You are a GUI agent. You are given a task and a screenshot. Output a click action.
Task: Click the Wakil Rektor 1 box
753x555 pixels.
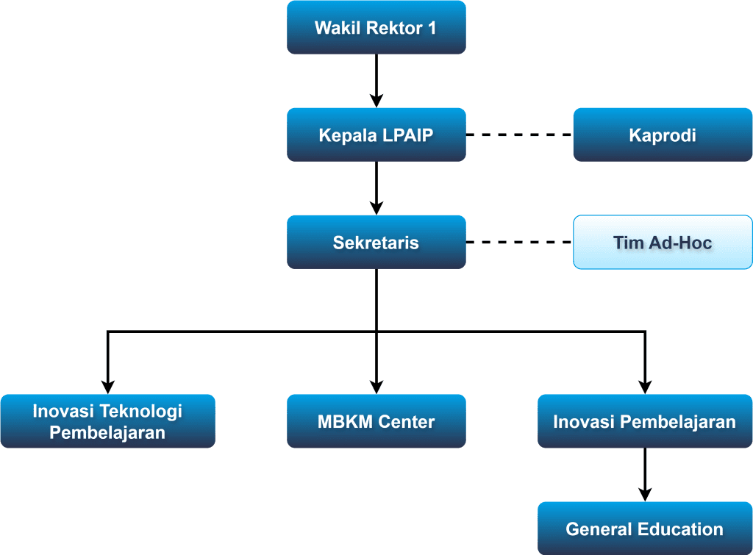coord(376,27)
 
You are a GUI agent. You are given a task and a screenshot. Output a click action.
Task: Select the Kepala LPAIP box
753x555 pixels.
coord(376,135)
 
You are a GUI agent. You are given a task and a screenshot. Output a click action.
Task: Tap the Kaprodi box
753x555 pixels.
coord(663,135)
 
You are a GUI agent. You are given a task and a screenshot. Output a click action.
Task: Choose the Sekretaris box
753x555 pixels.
coord(376,243)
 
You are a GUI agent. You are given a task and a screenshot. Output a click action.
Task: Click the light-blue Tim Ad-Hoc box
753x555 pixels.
coord(663,243)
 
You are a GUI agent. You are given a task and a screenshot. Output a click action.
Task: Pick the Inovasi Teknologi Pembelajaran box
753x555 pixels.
coord(108,421)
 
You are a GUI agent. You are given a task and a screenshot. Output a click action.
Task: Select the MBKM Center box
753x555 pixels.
coord(376,421)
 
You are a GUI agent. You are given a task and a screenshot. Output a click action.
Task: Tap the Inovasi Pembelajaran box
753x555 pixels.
coord(645,421)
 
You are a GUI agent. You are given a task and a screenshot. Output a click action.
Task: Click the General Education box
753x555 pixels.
coord(645,529)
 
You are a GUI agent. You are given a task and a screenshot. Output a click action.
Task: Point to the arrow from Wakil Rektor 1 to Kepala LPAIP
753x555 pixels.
coord(376,81)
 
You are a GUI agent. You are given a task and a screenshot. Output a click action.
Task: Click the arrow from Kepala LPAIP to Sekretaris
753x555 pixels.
coord(376,189)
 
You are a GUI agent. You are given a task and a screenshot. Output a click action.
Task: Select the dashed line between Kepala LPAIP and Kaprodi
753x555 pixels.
coord(520,135)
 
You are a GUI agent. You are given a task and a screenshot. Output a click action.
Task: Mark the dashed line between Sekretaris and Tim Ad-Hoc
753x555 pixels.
coord(520,243)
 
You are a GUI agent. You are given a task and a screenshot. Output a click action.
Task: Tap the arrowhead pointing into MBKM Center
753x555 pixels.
coord(376,387)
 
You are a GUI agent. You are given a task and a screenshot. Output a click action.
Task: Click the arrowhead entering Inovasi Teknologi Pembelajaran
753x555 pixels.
coord(108,387)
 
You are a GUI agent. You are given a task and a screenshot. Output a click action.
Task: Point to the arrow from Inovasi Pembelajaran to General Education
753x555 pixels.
coord(645,476)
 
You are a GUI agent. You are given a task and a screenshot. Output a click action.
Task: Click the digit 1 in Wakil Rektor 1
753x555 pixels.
coord(432,28)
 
